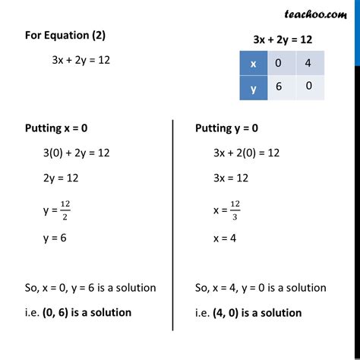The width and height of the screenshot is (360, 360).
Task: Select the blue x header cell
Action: point(252,63)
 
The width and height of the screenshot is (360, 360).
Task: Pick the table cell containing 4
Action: point(309,63)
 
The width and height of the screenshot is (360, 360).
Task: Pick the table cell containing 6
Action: point(280,87)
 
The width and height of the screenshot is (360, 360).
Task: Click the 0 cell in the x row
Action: point(280,63)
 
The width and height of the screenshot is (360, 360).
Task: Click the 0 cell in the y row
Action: point(309,87)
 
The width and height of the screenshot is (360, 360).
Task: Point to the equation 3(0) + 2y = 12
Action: point(77,153)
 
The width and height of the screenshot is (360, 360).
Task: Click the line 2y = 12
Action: point(65,178)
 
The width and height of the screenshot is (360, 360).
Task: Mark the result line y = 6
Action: point(58,237)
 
